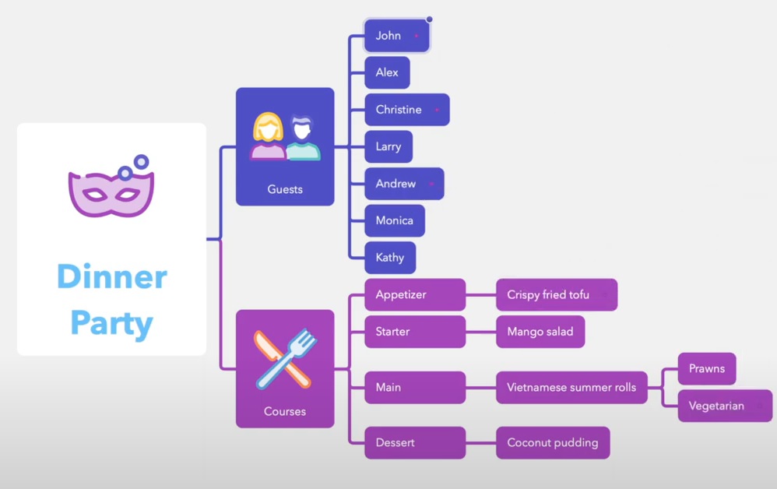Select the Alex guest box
[387, 72]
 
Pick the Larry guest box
[388, 146]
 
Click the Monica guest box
[395, 220]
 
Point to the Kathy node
[390, 258]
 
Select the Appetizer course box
[415, 295]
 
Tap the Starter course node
[415, 332]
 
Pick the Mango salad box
[540, 332]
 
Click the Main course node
[415, 387]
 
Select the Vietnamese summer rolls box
[571, 387]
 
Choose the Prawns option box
[707, 369]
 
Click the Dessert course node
[415, 443]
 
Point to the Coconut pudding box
[553, 443]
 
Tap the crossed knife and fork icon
[284, 359]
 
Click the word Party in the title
[111, 322]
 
